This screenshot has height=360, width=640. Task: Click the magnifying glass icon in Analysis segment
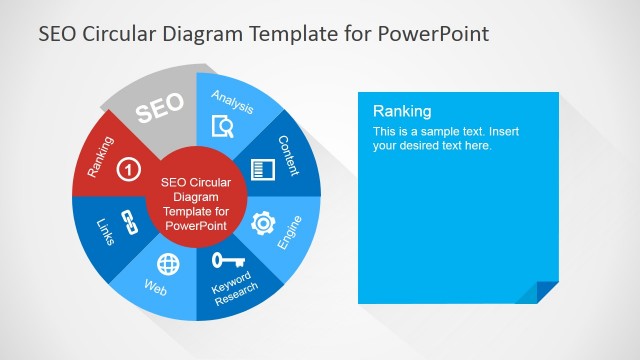coord(223,126)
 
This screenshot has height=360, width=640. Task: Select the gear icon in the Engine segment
coord(263,223)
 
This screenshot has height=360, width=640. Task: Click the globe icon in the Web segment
coord(169,264)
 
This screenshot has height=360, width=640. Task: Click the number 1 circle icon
coord(128,169)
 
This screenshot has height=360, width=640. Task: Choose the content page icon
coord(263,169)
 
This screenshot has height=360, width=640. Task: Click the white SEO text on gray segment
coord(159,109)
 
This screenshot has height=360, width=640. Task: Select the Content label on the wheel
coord(289,156)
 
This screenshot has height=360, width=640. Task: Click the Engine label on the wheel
coord(290,232)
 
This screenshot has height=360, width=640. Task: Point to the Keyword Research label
coord(236,285)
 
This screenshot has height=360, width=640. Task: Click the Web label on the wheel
coord(156,288)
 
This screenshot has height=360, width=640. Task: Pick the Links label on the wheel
coord(104,231)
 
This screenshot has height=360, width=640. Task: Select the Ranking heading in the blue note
coord(402,111)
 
